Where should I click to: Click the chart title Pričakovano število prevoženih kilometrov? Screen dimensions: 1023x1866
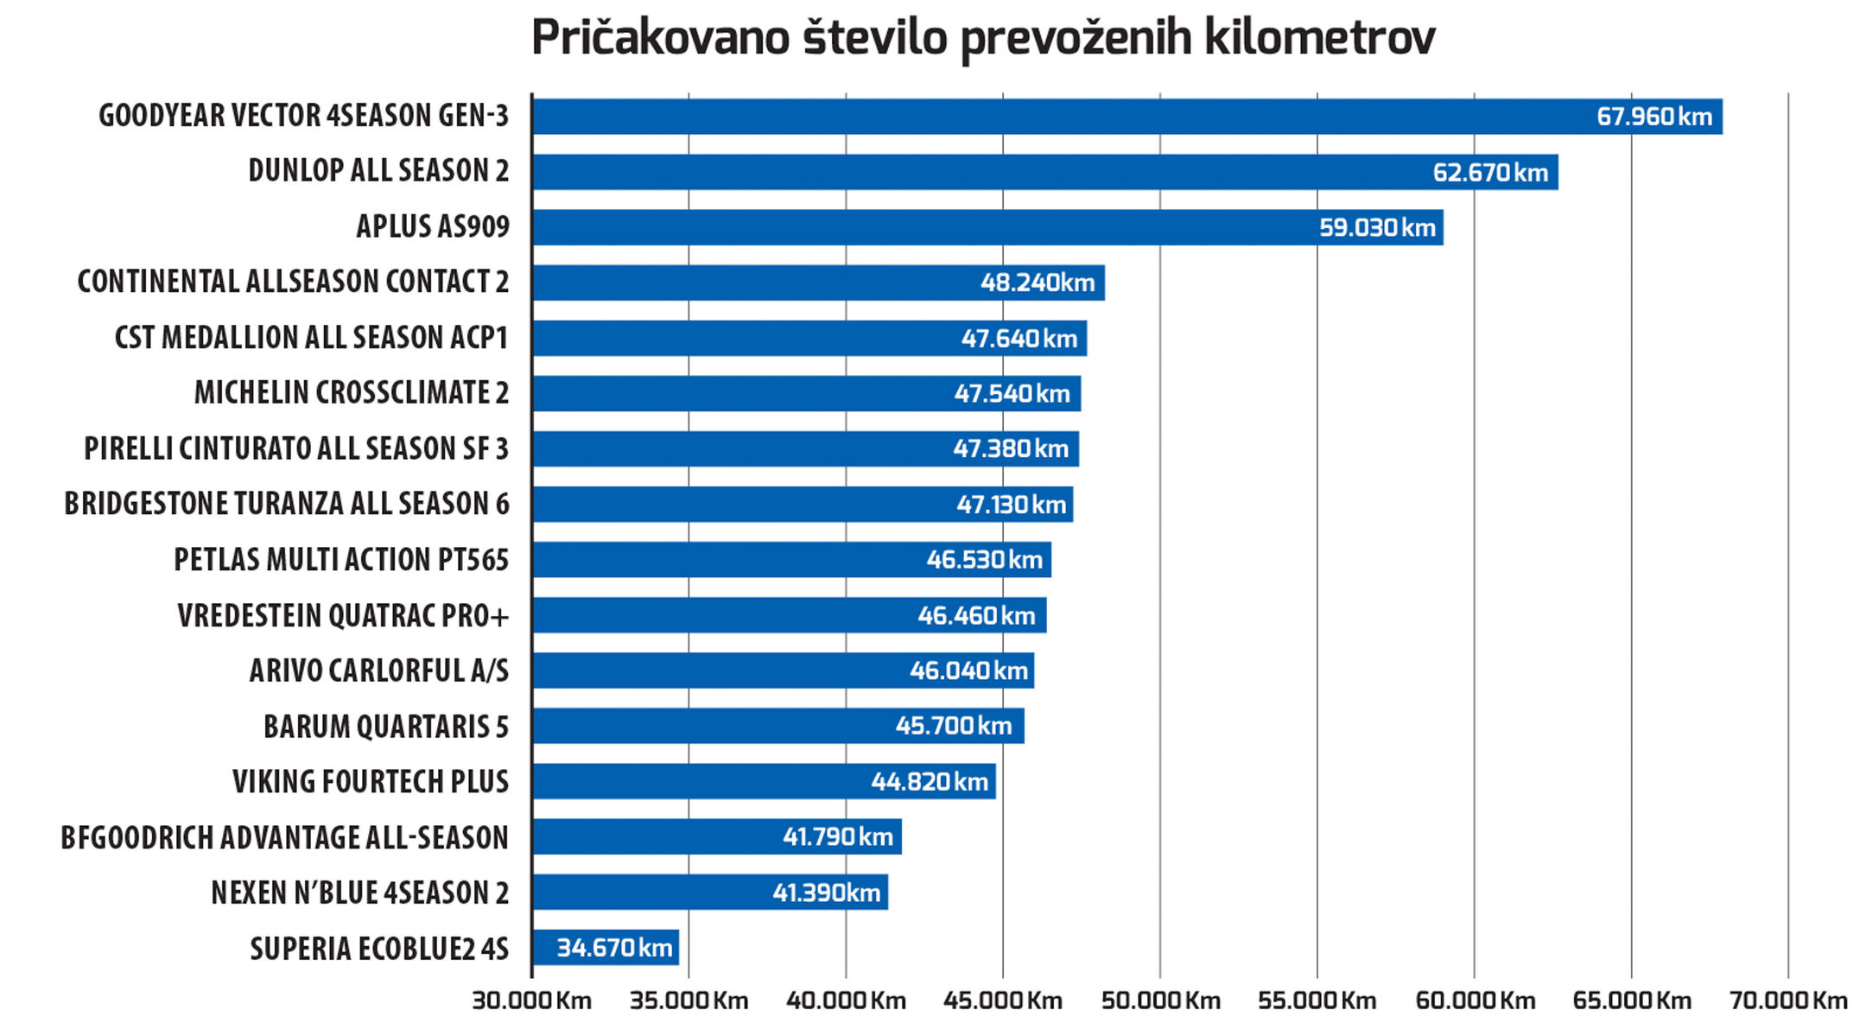pos(983,38)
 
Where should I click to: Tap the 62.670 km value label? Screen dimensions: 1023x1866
pos(1490,173)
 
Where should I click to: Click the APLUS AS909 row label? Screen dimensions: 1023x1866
pos(433,227)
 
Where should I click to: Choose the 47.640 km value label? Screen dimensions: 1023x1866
pos(1019,339)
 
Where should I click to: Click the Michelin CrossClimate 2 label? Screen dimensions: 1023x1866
pos(352,393)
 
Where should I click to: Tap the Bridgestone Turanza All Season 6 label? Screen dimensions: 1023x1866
pos(287,504)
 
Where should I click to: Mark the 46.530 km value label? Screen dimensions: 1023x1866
pos(985,560)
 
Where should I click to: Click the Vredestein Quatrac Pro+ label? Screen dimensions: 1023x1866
pos(343,616)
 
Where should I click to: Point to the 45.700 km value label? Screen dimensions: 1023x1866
pos(954,726)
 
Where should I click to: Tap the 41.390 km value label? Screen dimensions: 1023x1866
pos(827,893)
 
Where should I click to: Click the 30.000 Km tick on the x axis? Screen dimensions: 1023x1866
pos(532,1001)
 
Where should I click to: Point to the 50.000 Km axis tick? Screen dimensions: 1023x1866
pos(1160,1001)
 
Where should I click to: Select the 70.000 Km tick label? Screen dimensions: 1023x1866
pos(1788,1001)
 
